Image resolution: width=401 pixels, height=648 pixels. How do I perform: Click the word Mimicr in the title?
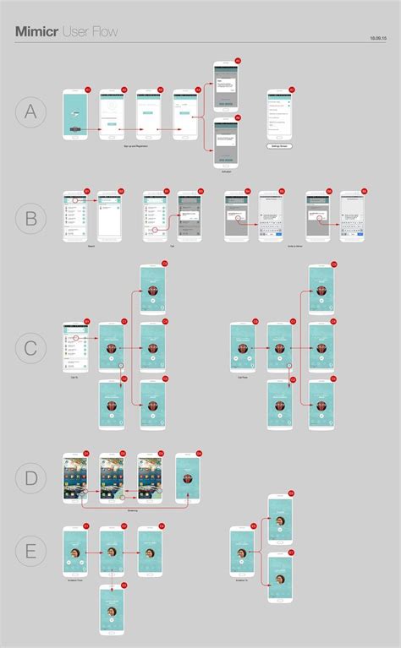tap(35, 31)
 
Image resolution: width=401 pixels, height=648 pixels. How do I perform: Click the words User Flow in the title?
tap(88, 31)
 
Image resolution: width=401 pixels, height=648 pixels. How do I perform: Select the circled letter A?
tap(30, 113)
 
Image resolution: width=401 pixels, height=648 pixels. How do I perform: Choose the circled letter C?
tap(30, 347)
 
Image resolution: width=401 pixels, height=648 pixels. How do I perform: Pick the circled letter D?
tap(30, 478)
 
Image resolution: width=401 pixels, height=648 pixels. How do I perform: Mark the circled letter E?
tap(30, 552)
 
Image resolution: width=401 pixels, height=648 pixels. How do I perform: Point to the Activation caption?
tap(226, 170)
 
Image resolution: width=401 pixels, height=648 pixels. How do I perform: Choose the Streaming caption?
tap(134, 510)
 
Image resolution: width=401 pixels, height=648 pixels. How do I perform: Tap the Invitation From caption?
tap(75, 582)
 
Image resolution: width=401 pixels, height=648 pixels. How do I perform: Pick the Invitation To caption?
tap(243, 582)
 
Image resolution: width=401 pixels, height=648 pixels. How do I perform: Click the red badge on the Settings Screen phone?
tap(292, 89)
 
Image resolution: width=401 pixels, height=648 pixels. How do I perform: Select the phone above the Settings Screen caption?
tap(280, 115)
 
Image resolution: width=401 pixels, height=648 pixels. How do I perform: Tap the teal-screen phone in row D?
tap(187, 478)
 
